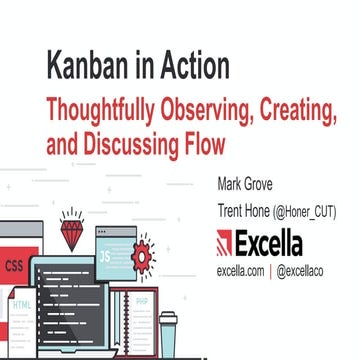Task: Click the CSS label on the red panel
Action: point(15,266)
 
